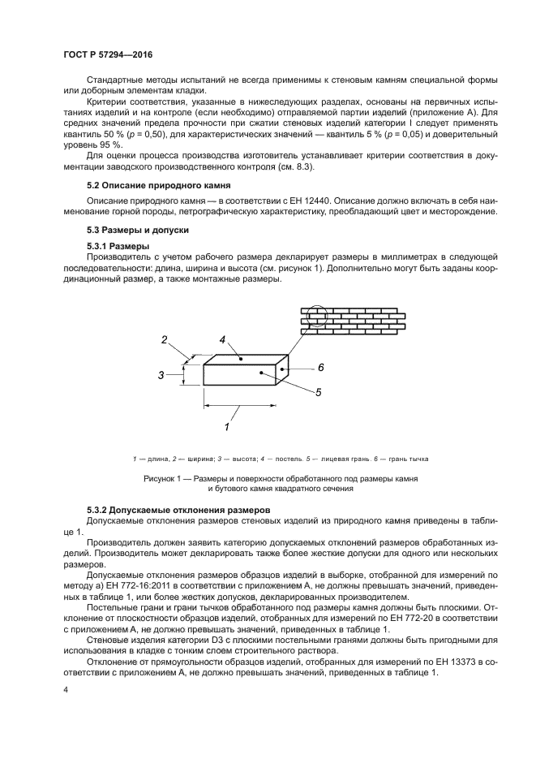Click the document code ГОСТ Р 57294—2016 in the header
pos(107,54)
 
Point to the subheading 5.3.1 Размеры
pos(117,245)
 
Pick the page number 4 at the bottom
pos(66,689)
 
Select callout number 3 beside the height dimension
pos(161,375)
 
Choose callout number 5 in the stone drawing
pos(319,392)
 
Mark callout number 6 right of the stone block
pos(320,368)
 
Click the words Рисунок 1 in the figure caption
pos(165,479)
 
